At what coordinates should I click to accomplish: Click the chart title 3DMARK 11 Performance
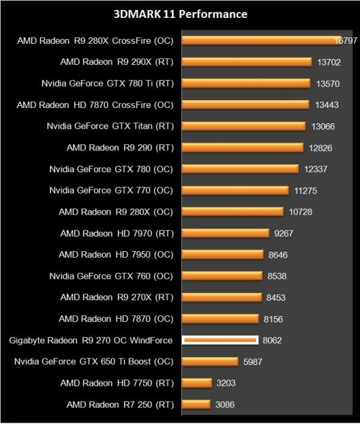181,14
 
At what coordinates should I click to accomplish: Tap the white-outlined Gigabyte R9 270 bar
220,340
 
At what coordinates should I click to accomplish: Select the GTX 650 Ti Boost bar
210,361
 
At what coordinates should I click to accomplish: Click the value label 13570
330,83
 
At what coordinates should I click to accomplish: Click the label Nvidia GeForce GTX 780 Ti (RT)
109,83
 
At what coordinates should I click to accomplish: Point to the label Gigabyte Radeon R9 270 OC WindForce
91,341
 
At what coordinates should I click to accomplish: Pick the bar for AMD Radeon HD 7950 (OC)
221,254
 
